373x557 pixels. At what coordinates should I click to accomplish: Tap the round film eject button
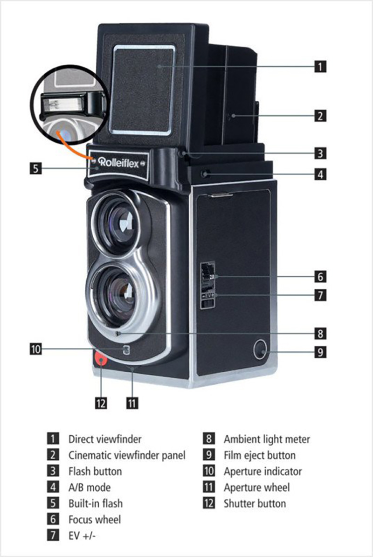tap(261, 349)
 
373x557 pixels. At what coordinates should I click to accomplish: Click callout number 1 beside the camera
tap(320, 66)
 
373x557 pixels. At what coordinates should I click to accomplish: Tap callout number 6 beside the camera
tap(320, 276)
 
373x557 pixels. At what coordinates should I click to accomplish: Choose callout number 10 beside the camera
tap(36, 349)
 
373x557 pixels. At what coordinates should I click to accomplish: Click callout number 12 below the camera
tap(101, 403)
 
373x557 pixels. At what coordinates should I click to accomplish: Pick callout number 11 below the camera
tap(132, 403)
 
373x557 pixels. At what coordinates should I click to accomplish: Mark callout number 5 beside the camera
tap(35, 168)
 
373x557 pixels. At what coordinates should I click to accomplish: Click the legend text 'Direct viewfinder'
tap(105, 439)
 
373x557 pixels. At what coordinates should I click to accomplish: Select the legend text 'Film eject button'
tap(259, 455)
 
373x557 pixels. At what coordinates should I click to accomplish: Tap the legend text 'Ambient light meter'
tap(267, 439)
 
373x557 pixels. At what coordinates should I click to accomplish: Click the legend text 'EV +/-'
tap(82, 536)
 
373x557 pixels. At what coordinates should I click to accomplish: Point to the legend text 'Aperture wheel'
tap(256, 488)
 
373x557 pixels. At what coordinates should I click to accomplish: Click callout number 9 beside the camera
tap(320, 352)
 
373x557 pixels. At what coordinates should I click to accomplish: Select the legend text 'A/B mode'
tap(90, 487)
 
